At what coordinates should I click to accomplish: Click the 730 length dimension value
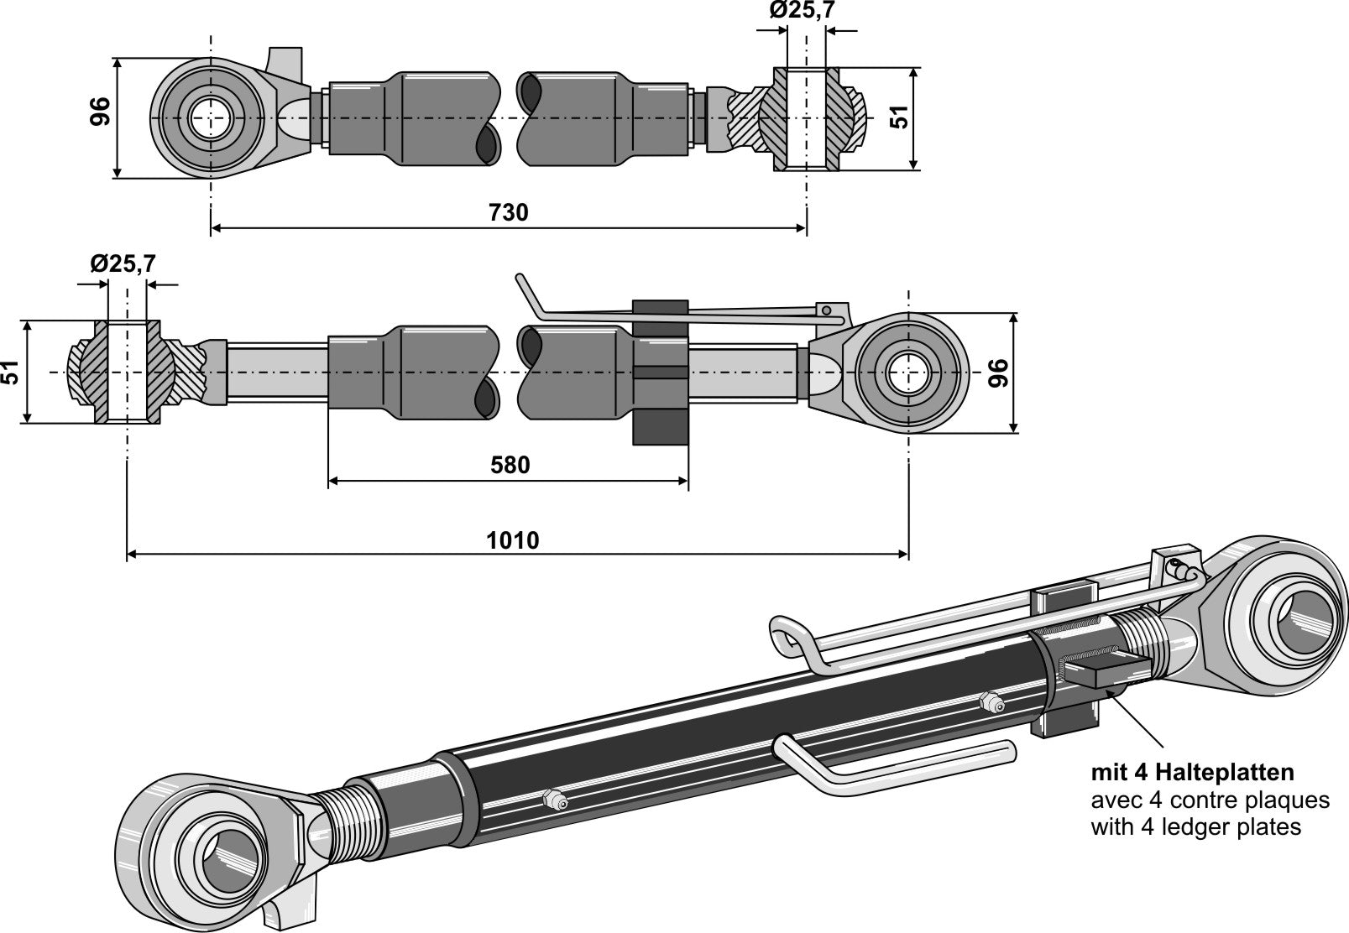point(509,212)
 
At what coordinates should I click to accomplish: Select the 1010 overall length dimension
point(513,539)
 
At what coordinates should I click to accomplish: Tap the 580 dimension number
point(509,465)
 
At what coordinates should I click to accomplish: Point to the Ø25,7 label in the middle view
point(123,263)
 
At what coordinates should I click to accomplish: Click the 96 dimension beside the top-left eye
point(100,112)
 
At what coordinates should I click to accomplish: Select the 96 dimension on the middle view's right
point(999,373)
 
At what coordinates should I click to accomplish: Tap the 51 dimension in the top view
point(899,117)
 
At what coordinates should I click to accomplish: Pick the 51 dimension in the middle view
point(11,373)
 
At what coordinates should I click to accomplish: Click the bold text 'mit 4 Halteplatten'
point(1192,772)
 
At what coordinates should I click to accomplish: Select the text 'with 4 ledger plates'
point(1195,827)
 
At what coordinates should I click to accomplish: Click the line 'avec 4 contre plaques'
point(1210,800)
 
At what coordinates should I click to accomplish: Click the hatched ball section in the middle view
point(82,373)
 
